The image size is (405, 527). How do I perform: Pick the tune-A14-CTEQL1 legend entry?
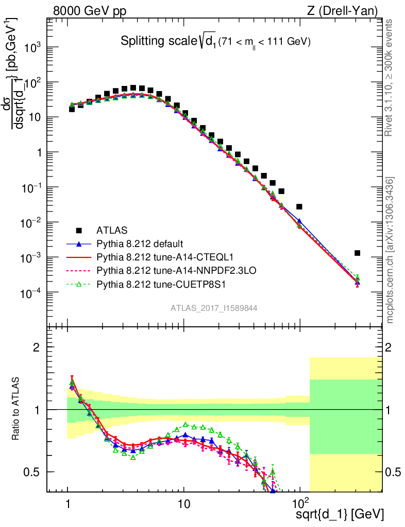(150, 257)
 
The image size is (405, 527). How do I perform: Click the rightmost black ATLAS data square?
(357, 253)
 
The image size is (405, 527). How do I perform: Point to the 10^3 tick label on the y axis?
(32, 47)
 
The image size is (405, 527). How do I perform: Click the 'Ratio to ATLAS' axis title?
(17, 409)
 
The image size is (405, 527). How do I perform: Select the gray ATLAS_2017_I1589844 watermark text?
(214, 308)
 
